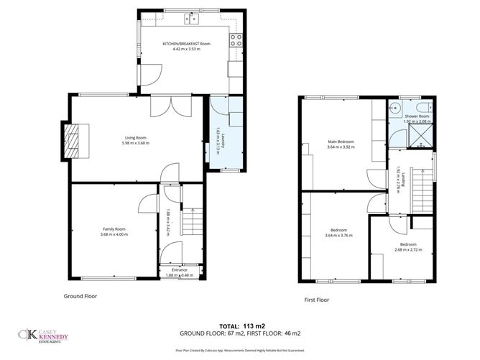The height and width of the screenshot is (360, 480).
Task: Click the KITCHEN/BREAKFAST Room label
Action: [x=186, y=44]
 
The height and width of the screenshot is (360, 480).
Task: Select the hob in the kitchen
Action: [x=235, y=40]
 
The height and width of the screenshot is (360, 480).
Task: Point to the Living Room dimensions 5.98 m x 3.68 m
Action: [x=136, y=143]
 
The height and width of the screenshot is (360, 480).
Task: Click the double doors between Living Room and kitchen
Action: [x=171, y=106]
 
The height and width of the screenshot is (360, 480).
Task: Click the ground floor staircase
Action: [x=190, y=219]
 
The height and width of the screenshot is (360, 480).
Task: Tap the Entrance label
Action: [x=179, y=269]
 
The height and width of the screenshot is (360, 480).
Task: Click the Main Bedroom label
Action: [x=340, y=142]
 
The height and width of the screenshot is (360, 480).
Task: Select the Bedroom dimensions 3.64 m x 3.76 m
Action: [x=338, y=235]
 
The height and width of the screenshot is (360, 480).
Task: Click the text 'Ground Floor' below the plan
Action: [x=80, y=295]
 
